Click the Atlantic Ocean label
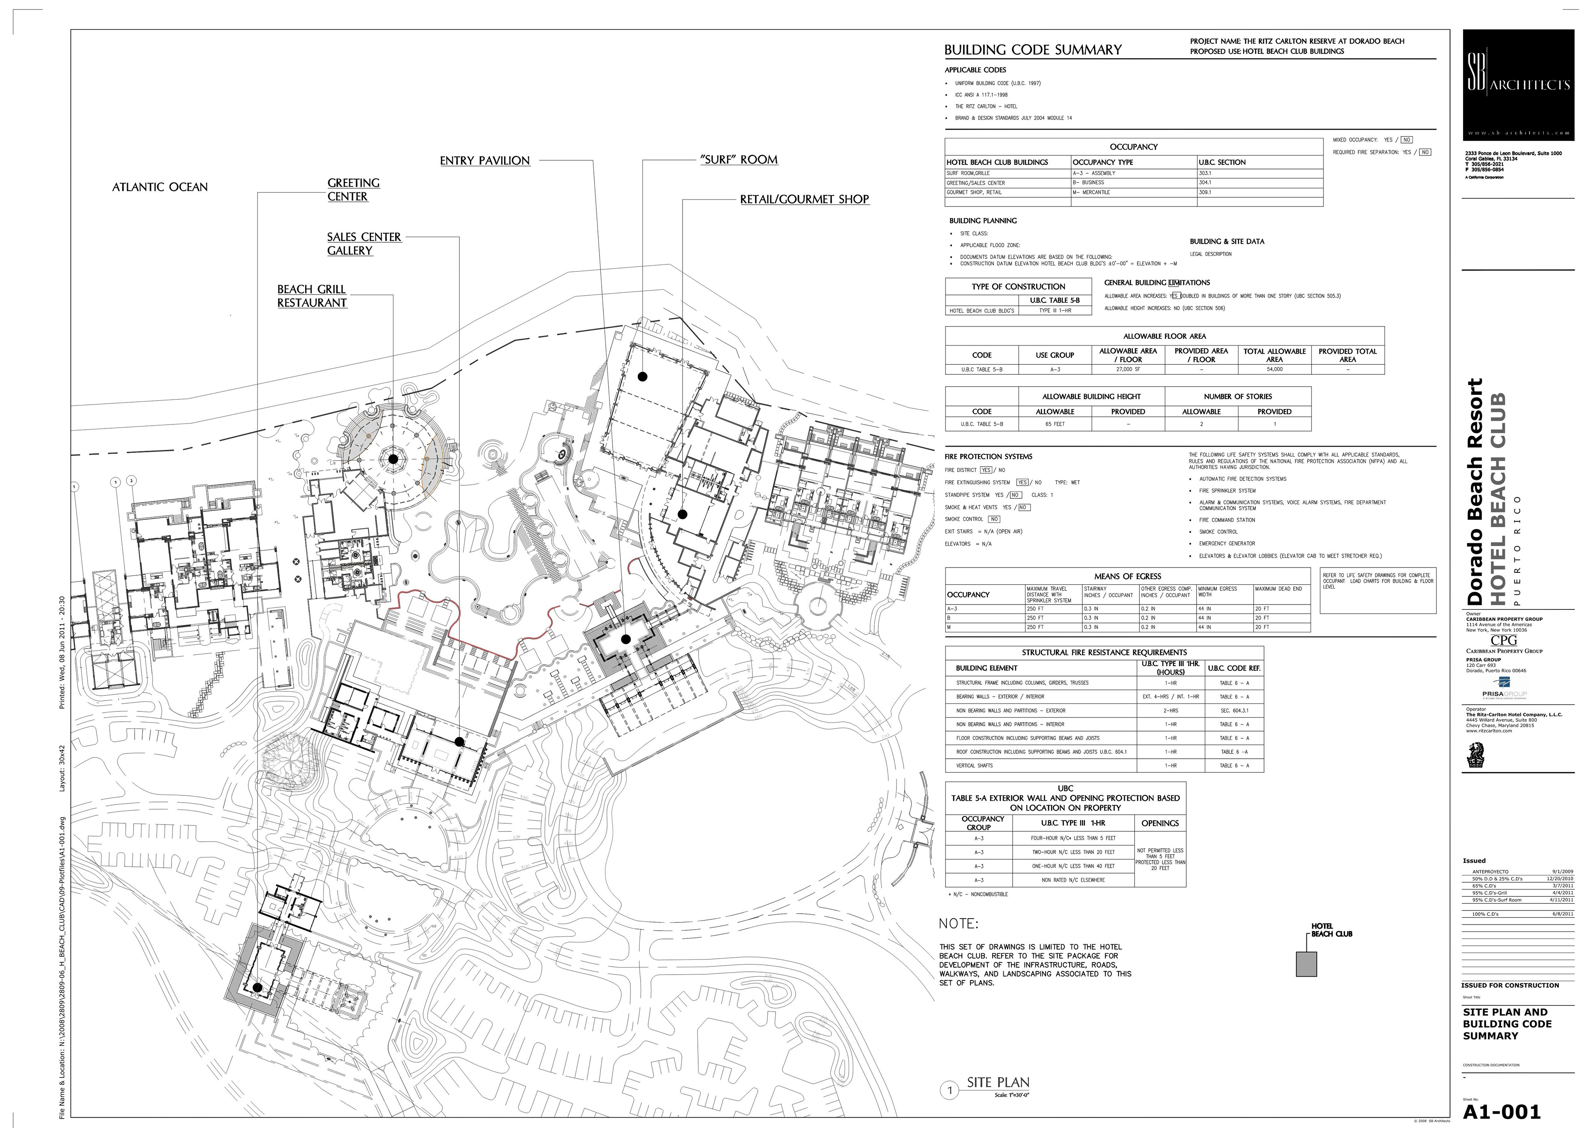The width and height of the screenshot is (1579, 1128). point(160,187)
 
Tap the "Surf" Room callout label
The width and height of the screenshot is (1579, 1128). point(739,160)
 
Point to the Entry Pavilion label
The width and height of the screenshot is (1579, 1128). point(485,160)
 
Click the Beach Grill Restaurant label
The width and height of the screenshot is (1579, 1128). point(312,296)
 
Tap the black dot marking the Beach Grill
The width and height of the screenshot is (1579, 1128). point(393,459)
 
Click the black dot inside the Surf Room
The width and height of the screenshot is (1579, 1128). point(643,376)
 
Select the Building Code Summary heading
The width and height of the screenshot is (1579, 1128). point(1033,50)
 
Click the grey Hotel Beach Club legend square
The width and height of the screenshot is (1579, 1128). point(1306,964)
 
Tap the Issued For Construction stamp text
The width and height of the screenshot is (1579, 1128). point(1510,985)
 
